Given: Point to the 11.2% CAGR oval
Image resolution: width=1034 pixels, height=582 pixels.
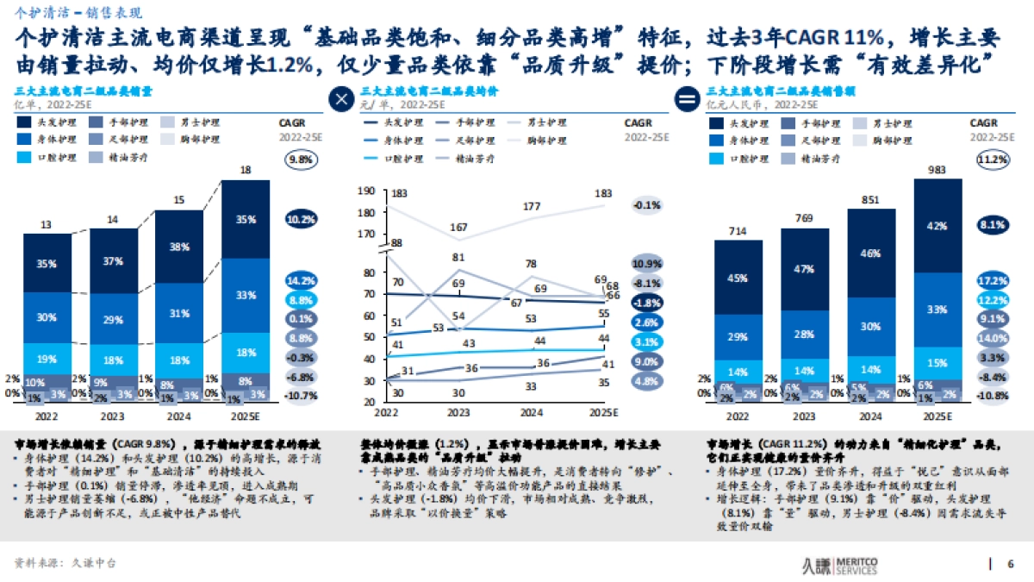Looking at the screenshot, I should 991,159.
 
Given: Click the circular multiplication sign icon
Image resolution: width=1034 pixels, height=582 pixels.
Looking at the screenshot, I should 342,99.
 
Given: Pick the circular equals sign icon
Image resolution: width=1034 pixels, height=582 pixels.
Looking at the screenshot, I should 687,99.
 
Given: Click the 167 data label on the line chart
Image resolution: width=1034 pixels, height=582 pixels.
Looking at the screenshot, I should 458,227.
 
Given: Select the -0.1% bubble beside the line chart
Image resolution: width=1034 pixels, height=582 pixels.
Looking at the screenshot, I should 646,205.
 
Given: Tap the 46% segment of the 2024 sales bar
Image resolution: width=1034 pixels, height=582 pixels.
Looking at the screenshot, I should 871,253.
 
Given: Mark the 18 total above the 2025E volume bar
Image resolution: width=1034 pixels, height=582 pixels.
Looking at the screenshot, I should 246,171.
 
